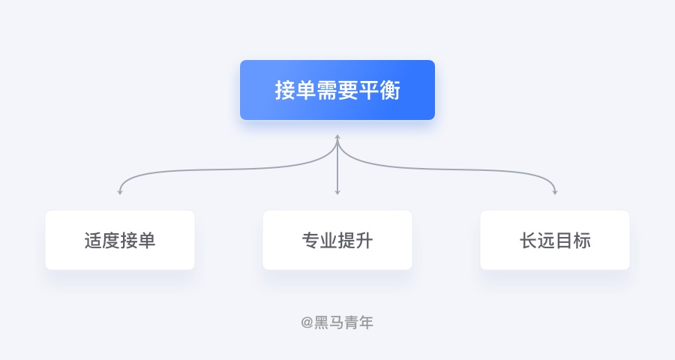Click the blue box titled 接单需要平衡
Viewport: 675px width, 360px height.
(337, 90)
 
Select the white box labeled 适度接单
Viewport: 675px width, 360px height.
(120, 240)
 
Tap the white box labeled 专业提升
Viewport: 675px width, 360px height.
(337, 240)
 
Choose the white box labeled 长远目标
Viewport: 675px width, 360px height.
(555, 240)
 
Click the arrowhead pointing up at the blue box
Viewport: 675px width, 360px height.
(337, 137)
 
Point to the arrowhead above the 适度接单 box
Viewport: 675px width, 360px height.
(120, 192)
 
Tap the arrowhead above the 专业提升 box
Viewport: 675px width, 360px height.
(337, 192)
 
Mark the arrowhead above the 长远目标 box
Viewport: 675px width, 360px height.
(555, 192)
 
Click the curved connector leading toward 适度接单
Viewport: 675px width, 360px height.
(223, 169)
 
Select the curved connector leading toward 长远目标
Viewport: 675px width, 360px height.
(451, 169)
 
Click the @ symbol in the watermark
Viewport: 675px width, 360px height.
(307, 322)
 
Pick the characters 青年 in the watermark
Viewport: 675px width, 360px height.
(358, 322)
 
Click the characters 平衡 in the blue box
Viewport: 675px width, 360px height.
(379, 91)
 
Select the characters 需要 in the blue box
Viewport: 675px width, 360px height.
(337, 91)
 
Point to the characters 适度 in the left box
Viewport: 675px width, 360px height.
(102, 240)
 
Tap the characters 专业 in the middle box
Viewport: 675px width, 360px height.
(319, 240)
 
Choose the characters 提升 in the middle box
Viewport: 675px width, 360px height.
(355, 240)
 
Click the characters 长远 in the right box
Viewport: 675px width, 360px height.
(537, 240)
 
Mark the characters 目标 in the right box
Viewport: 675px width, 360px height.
(573, 240)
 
